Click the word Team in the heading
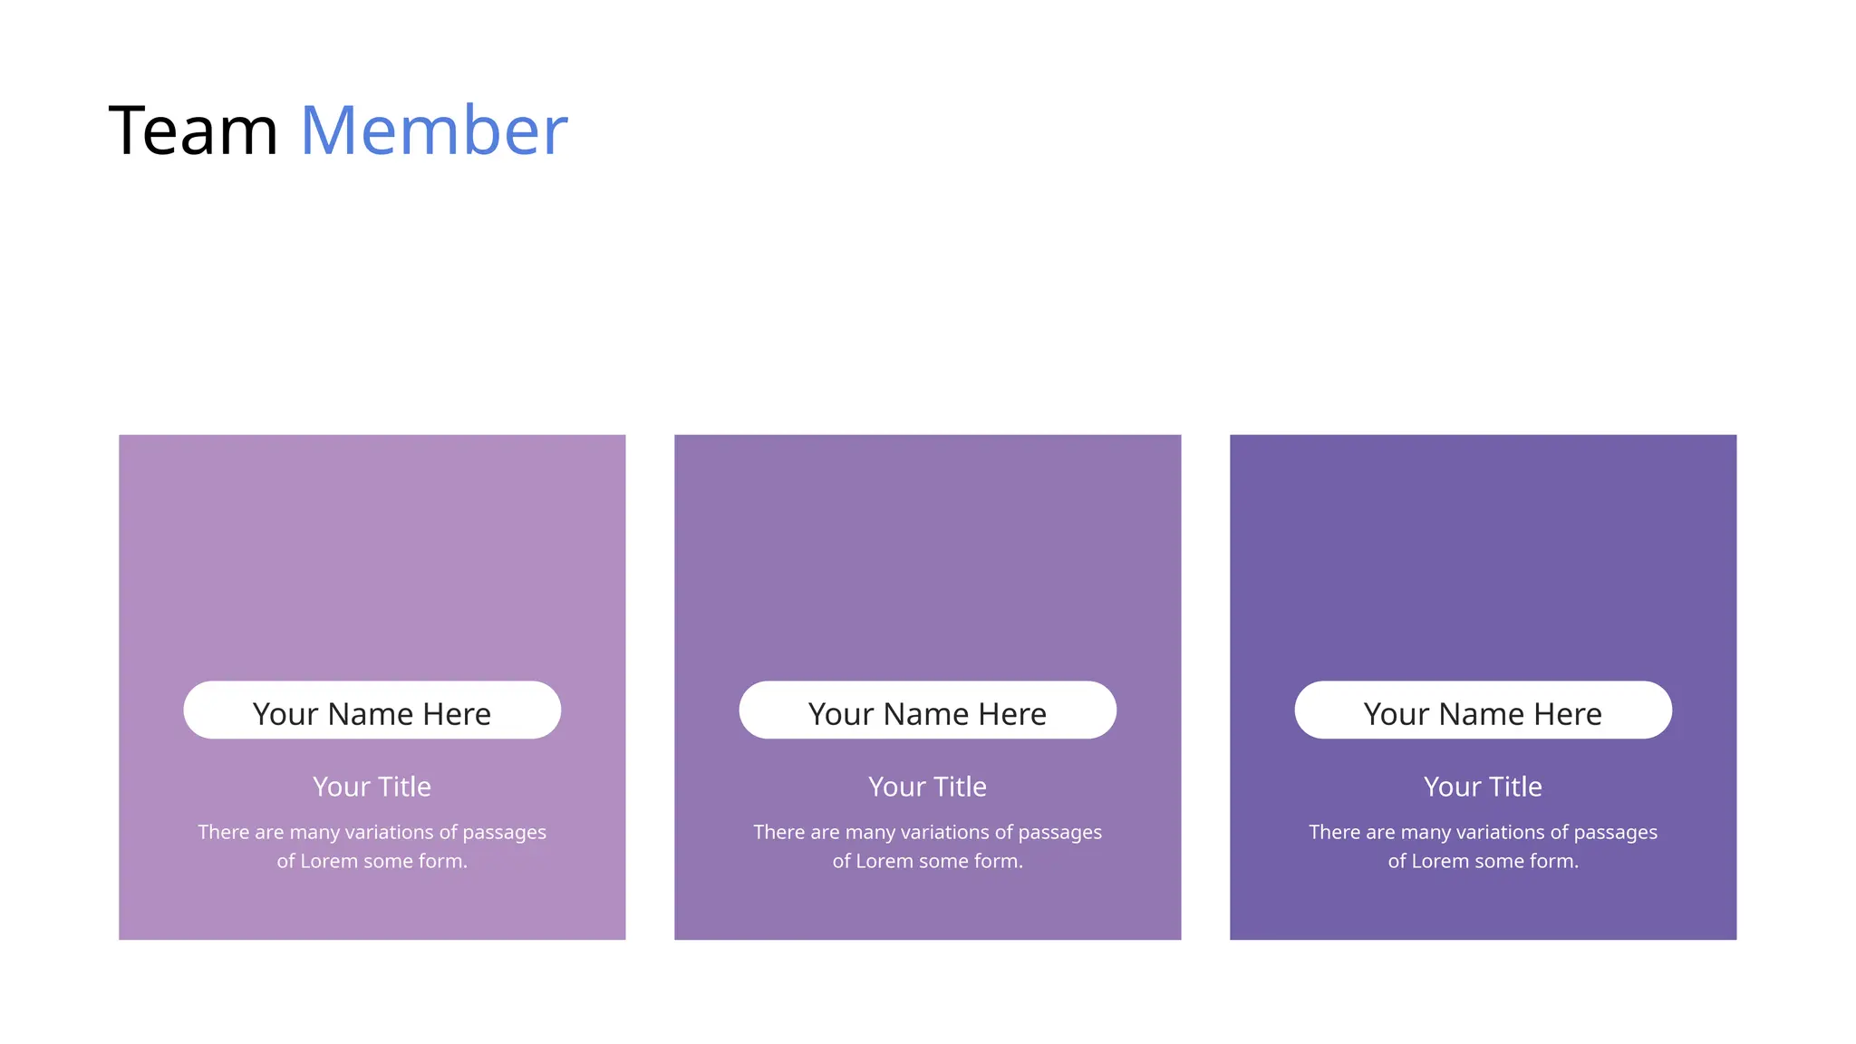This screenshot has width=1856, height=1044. pos(193,131)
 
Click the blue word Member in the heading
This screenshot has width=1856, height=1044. pos(433,131)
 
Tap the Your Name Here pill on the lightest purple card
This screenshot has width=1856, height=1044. pos(372,710)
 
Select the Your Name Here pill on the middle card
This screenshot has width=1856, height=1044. pos(927,710)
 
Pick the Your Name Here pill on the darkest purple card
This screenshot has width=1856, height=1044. pos(1483,710)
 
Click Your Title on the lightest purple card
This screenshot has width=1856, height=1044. pos(372,787)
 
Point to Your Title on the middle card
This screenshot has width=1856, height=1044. pos(927,787)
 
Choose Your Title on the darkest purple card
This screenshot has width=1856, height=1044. pos(1483,787)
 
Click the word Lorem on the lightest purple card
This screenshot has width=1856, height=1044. pos(329,861)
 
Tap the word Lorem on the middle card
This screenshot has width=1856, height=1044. pos(884,861)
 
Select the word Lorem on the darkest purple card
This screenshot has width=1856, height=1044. pos(1440,861)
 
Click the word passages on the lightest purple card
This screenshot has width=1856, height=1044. pos(504,833)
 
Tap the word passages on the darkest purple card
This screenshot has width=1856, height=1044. pos(1615,833)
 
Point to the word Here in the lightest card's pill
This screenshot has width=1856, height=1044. pos(457,714)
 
